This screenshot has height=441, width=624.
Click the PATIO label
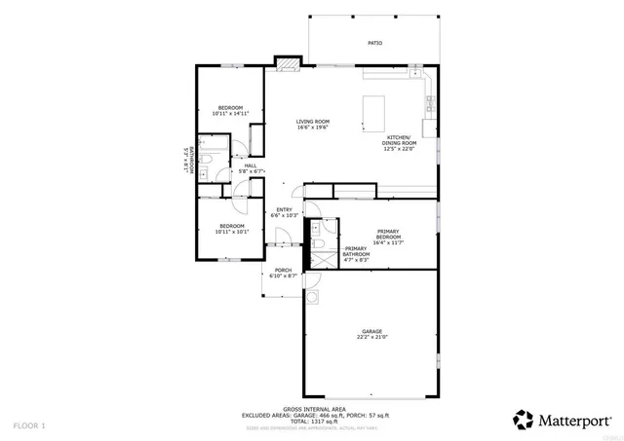374,44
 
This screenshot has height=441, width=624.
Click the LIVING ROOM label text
313,122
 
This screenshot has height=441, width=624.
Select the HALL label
251,166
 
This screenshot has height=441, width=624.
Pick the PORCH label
283,271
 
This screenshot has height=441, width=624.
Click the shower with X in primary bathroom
317,259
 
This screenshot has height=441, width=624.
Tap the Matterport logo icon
524,420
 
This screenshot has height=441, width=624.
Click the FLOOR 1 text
29,426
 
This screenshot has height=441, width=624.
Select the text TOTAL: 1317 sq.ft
311,422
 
